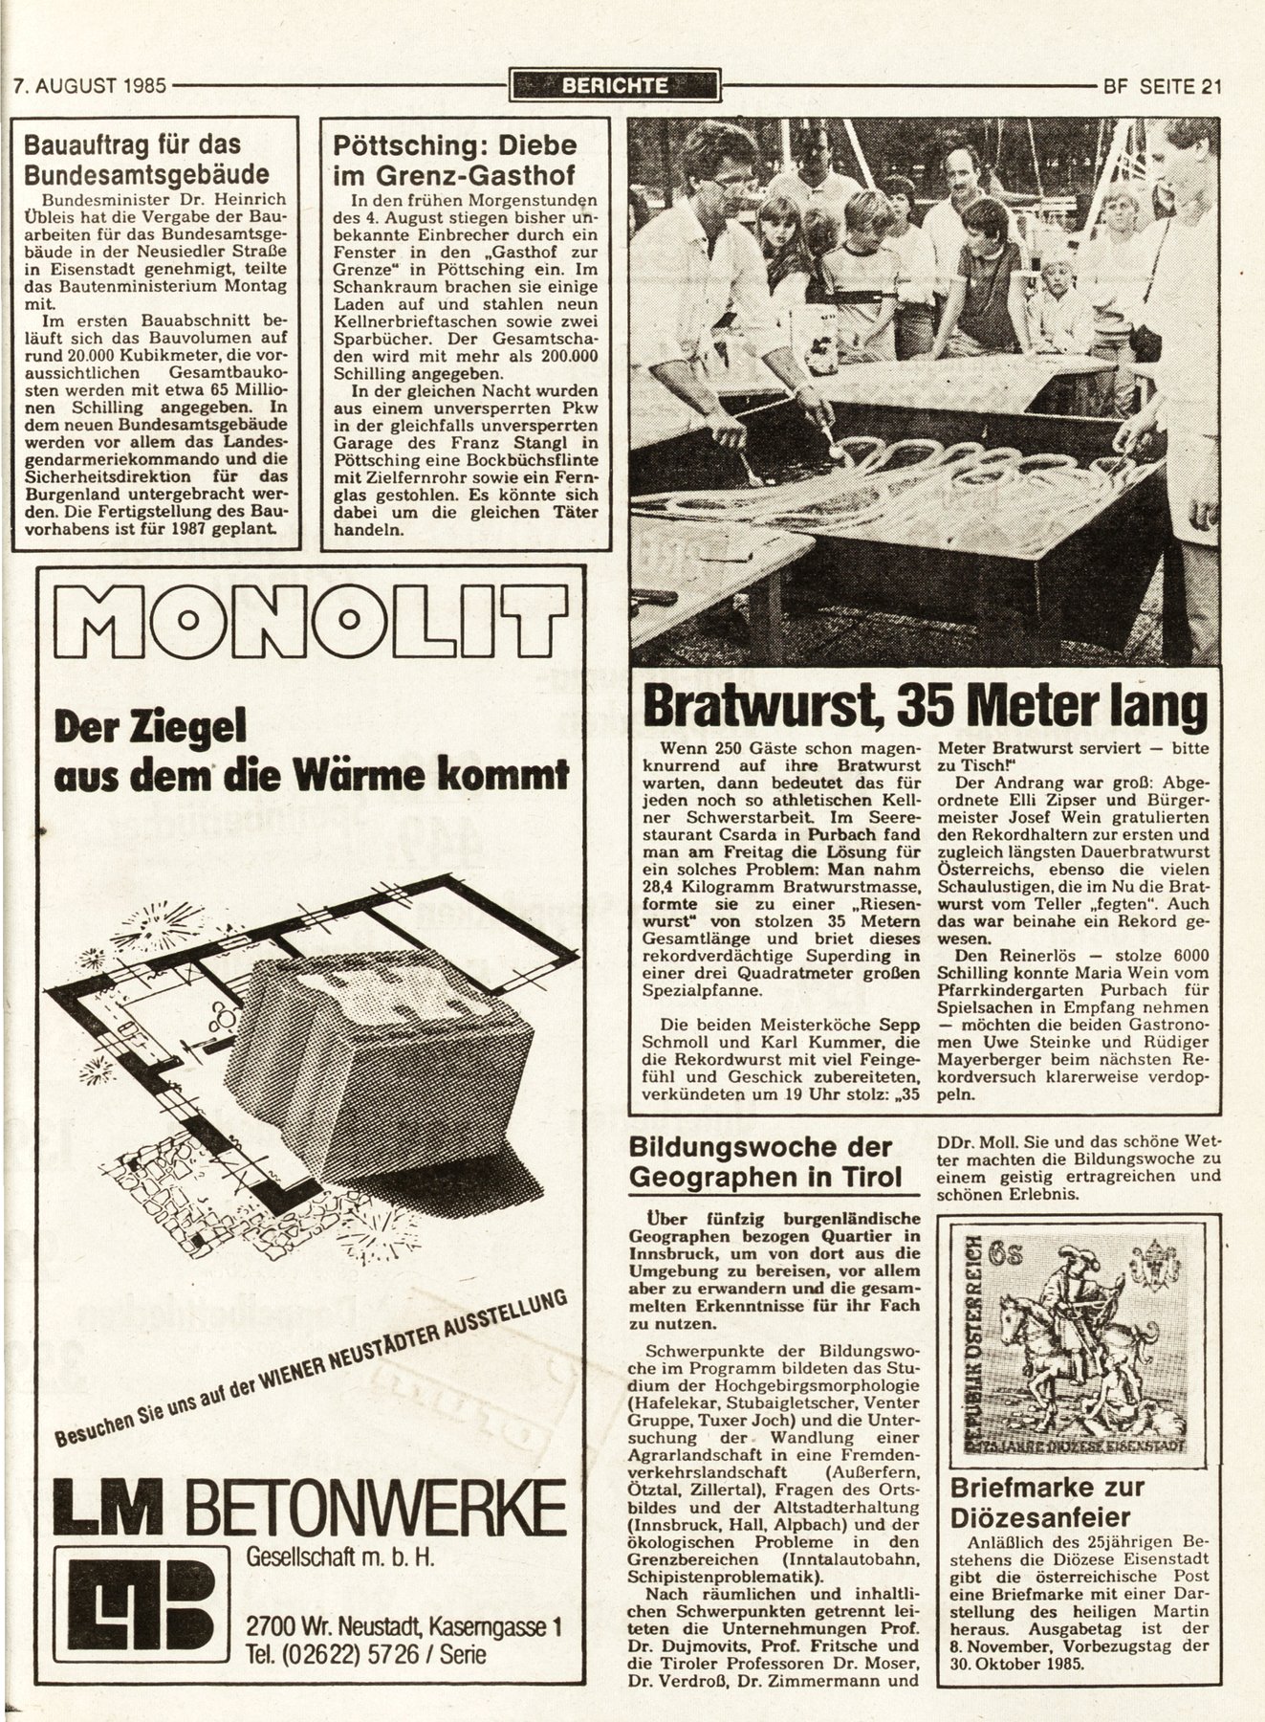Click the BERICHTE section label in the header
[x=614, y=86]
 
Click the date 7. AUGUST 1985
[x=91, y=86]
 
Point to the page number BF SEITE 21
[x=1162, y=86]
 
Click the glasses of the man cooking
[x=731, y=185]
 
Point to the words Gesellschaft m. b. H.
[x=340, y=1556]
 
